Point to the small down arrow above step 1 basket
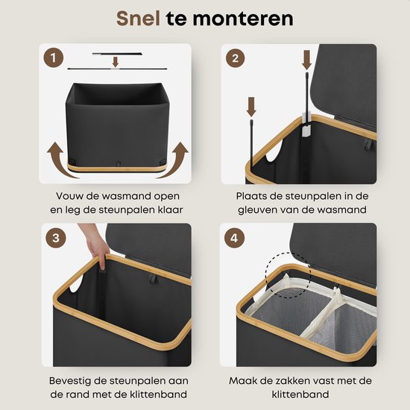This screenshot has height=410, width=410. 115,62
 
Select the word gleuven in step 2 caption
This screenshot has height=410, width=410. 268,210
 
